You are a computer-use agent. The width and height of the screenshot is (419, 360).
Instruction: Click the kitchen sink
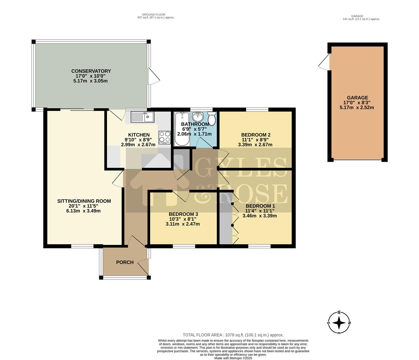click(142, 117)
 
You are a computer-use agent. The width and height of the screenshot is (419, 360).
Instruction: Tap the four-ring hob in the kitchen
click(165, 137)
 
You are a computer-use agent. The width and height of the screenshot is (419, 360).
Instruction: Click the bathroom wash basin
click(198, 116)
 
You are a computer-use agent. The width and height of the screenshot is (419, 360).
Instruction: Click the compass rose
click(339, 323)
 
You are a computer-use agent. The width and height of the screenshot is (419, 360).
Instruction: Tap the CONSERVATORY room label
click(91, 71)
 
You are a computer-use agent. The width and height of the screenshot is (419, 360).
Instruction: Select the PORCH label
click(125, 262)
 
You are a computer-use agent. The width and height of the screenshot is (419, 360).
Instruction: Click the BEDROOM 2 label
click(256, 135)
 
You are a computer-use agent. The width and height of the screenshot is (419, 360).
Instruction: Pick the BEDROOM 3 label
click(183, 214)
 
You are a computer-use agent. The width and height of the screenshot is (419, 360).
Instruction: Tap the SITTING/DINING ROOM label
click(84, 201)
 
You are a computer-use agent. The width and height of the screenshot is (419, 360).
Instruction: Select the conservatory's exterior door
click(153, 76)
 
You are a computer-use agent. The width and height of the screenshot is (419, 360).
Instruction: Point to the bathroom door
click(203, 142)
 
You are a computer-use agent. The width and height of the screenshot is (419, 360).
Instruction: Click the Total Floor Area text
click(233, 335)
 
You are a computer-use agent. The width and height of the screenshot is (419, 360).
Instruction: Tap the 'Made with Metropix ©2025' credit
click(233, 358)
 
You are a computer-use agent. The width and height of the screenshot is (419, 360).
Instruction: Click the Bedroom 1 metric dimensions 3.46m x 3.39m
click(260, 216)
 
